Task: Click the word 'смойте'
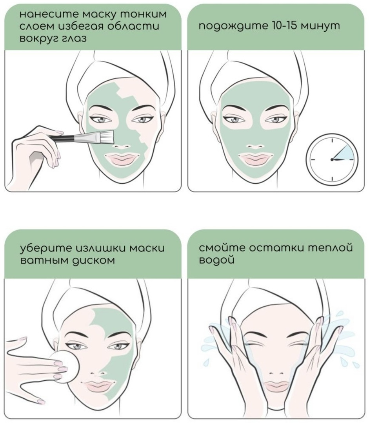click(222, 248)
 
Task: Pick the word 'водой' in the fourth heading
click(216, 260)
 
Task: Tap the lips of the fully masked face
click(255, 159)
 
